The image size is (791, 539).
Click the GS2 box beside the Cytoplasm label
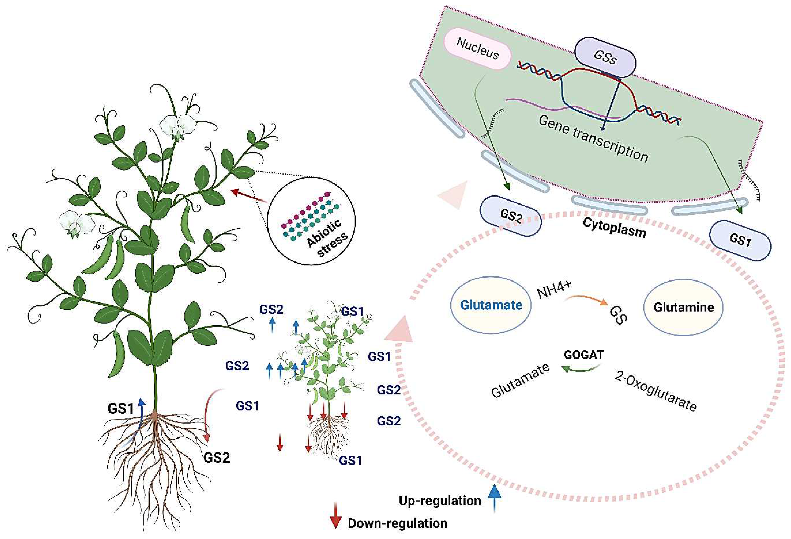pos(511,216)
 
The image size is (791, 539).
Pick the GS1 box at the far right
pos(740,241)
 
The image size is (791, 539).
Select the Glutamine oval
pos(683,307)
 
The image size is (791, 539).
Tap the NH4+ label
pos(554,290)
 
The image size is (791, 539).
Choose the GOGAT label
pos(583,355)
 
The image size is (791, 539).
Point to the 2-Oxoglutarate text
pos(655,391)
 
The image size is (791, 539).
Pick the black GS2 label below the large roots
pos(216,458)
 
